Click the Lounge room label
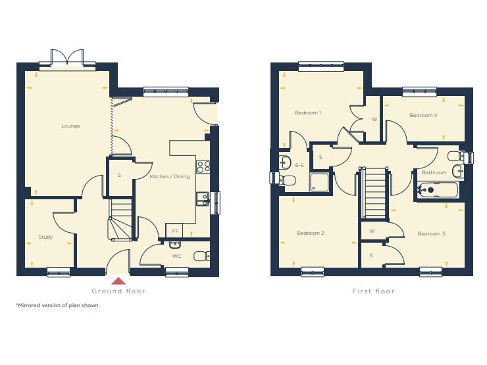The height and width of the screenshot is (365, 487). point(70,126)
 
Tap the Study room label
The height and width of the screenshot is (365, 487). point(45,237)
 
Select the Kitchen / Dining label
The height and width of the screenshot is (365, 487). point(169,176)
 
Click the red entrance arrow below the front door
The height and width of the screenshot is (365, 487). point(118,281)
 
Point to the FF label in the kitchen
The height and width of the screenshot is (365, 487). point(175,231)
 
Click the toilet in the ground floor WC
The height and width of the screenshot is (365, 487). point(201,256)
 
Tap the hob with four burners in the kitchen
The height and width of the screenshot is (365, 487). point(203,166)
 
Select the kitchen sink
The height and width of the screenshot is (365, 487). point(202,199)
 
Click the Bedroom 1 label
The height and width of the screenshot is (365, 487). point(307,113)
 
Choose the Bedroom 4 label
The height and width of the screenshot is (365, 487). point(423,116)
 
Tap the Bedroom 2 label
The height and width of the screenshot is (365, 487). point(310,233)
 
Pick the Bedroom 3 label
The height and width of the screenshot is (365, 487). point(431,233)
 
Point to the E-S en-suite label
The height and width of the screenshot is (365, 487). point(299,166)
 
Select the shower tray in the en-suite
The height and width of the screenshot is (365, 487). point(319,182)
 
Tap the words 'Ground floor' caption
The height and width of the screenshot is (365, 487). point(118,291)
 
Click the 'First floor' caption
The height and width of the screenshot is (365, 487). point(373,291)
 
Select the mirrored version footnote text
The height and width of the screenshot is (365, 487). point(57,305)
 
